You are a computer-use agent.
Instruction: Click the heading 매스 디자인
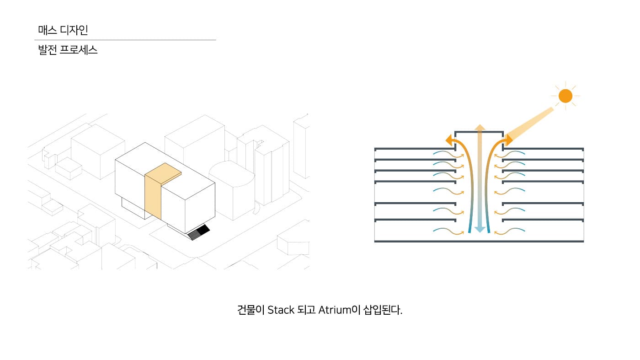point(63,30)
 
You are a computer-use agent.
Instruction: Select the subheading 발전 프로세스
point(68,50)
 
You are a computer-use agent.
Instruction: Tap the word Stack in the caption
point(281,310)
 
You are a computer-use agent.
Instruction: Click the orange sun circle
point(565,96)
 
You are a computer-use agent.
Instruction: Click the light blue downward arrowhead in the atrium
point(480,229)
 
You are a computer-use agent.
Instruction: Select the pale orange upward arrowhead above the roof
point(480,127)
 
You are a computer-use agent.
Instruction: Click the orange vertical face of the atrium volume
point(153,197)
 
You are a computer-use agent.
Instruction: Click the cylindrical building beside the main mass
point(232,190)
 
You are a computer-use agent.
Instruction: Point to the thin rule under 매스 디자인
point(125,40)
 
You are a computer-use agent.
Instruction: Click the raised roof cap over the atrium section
point(479,132)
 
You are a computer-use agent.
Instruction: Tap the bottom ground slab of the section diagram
point(479,242)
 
